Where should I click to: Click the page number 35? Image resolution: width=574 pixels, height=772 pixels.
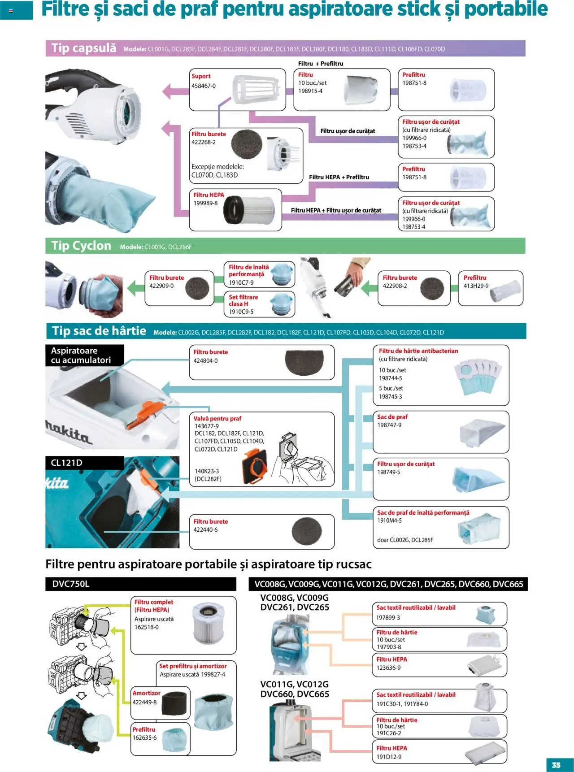point(556,765)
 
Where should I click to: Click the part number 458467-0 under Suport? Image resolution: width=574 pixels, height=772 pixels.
point(204,86)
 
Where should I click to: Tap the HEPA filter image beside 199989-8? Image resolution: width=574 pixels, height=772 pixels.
point(248,210)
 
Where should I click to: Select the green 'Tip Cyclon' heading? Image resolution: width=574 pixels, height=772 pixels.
point(81,246)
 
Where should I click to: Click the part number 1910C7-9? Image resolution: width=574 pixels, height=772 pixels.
point(241,282)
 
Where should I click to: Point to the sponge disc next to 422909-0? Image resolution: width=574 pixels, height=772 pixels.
point(197,288)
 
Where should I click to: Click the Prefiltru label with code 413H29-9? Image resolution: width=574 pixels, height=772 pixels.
point(475,278)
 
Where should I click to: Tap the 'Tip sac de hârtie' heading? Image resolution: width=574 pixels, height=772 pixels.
point(99,331)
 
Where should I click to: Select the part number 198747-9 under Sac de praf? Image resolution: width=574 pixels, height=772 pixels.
point(389,425)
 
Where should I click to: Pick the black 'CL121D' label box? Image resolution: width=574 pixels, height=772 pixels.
point(84,463)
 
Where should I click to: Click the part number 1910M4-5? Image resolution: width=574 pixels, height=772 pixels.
point(389,520)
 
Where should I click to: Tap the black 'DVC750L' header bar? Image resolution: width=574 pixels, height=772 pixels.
point(140,584)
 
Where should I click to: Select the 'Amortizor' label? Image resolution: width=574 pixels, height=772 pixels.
point(146,693)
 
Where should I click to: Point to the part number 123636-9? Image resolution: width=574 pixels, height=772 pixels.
point(388,668)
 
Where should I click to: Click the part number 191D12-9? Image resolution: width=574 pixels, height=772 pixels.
point(389,756)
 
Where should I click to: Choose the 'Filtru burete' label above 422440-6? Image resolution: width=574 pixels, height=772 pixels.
point(210,521)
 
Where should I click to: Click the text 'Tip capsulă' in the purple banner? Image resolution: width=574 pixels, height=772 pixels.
point(84,48)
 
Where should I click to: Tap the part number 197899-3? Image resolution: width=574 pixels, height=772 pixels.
point(388,617)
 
